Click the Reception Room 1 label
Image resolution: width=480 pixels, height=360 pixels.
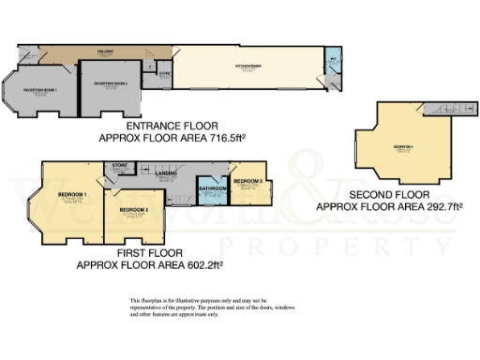click(40, 89)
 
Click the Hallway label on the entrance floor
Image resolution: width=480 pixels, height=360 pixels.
click(106, 52)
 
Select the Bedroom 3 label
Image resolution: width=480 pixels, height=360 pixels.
click(249, 181)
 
